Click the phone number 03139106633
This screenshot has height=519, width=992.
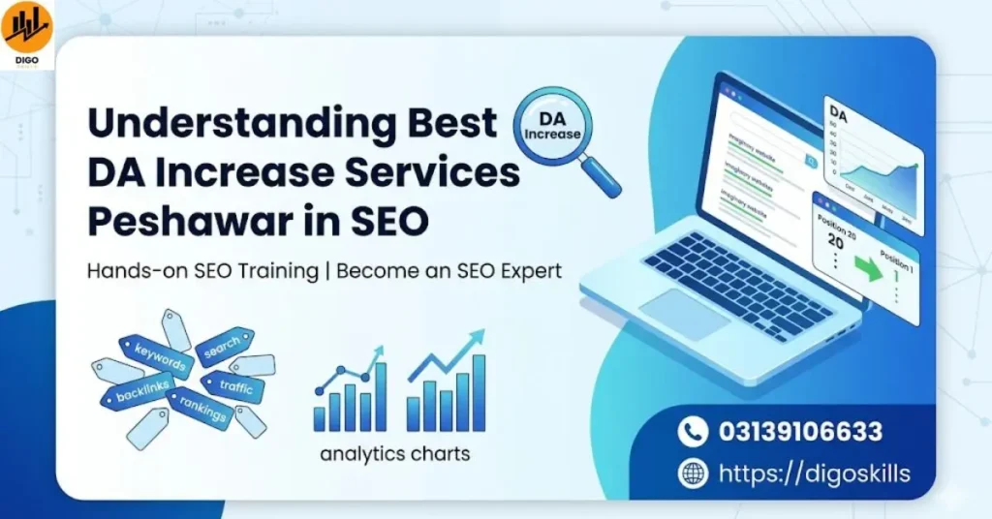[800, 431]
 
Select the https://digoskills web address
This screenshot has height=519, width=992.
[814, 473]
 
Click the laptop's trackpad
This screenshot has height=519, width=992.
[682, 312]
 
